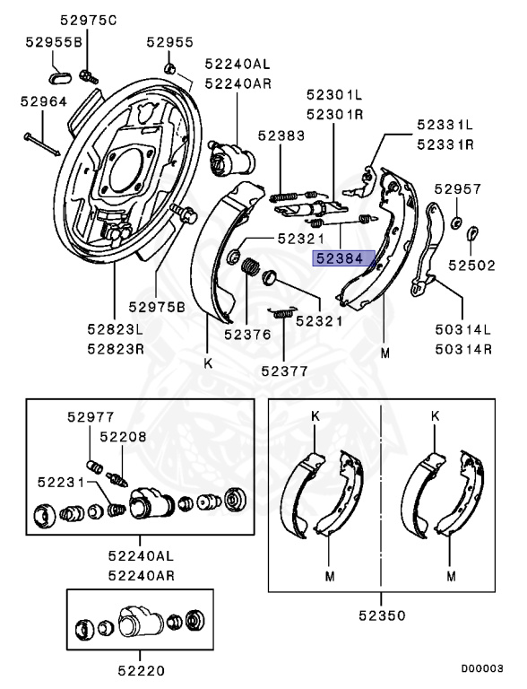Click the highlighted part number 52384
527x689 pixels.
click(x=338, y=258)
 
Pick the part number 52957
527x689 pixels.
click(x=457, y=189)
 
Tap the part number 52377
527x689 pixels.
click(x=284, y=369)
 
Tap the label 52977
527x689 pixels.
click(x=90, y=415)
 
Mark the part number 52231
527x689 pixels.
click(x=60, y=482)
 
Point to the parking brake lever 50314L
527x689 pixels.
click(x=429, y=250)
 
